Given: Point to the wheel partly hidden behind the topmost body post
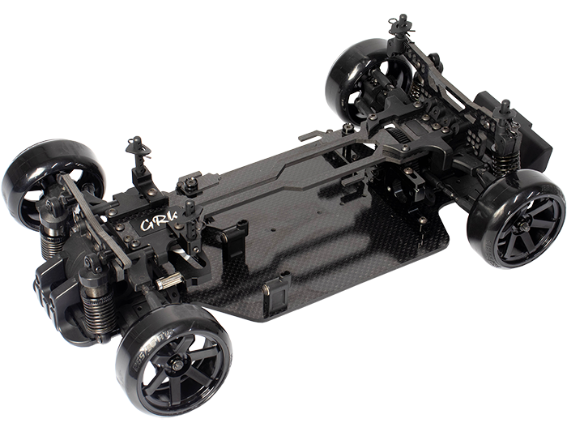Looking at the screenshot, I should (x=366, y=79).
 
